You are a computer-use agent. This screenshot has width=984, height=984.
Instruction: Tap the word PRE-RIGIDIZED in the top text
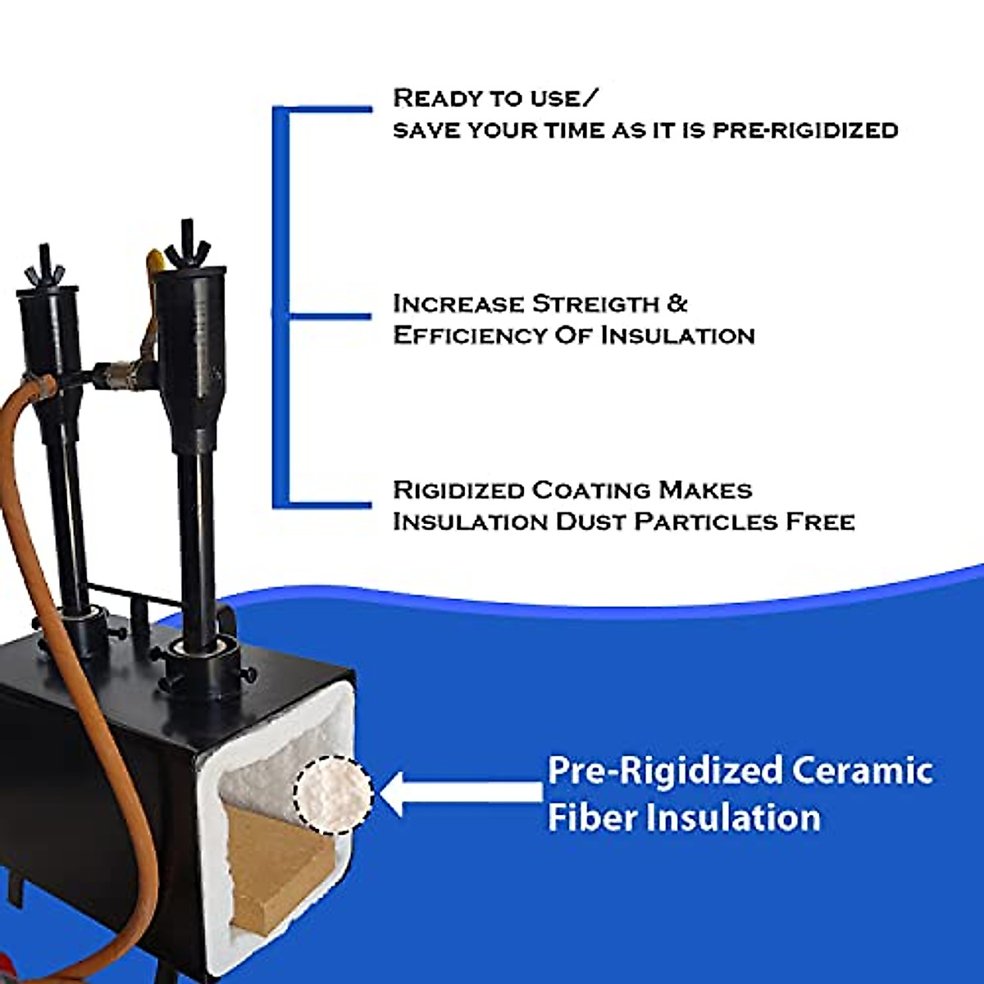click(x=804, y=130)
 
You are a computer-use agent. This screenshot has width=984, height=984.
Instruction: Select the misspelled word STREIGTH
click(x=595, y=304)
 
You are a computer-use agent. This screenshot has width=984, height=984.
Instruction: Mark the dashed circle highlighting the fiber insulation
click(x=334, y=794)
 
